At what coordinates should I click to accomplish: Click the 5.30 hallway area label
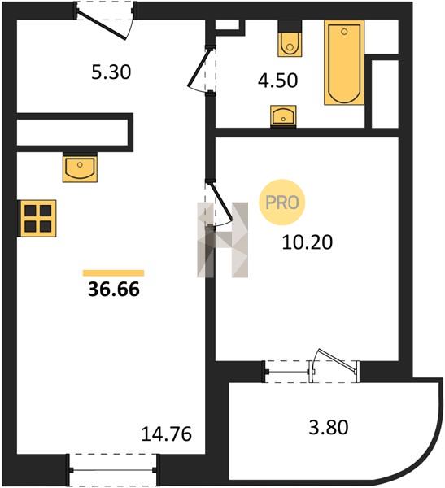coord(111,72)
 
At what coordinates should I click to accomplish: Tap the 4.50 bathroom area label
coord(277,81)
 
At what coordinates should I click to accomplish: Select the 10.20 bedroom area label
coord(308,242)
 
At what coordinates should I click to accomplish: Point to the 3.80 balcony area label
coord(329,427)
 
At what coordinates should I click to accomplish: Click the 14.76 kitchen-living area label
coord(166,434)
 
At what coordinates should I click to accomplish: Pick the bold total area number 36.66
coord(114,290)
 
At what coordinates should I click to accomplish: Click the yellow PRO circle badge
coord(282,203)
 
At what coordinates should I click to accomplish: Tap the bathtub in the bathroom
coord(344,63)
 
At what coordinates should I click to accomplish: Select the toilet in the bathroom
coord(290,38)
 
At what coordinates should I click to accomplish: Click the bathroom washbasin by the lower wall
coord(283,115)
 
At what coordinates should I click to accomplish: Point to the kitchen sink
coord(80,168)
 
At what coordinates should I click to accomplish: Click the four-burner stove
coord(37,219)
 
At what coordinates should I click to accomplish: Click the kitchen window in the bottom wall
coord(112,470)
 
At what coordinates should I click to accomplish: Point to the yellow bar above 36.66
coord(113,273)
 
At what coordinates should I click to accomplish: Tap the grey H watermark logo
coord(222,240)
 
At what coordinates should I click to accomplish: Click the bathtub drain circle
coord(344,32)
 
